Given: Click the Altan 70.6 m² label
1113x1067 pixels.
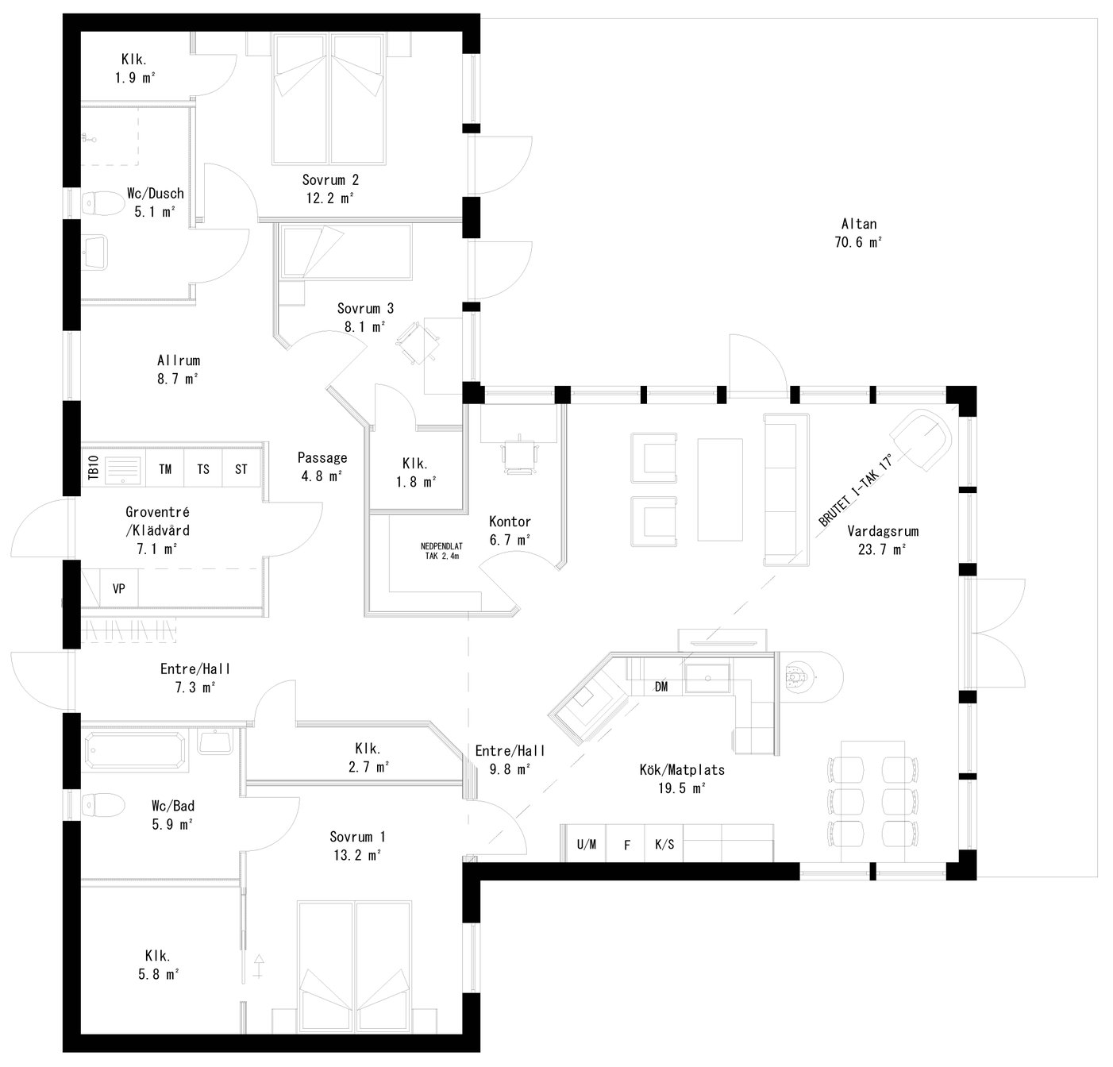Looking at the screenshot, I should [x=858, y=233].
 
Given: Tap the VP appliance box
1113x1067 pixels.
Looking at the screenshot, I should [x=118, y=589].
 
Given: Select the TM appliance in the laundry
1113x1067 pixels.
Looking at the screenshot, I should [x=165, y=469].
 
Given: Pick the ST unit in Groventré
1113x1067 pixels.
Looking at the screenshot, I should [x=241, y=469].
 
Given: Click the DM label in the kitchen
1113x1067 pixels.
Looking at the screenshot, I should [x=660, y=687].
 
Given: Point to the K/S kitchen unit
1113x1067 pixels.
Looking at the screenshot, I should [x=664, y=845].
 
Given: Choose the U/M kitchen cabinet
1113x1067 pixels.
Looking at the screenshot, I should [x=587, y=845].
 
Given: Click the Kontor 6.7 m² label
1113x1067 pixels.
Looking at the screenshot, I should [x=510, y=530].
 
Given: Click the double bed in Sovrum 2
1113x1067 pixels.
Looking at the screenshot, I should [x=329, y=98].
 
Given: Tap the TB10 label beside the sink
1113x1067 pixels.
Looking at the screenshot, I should [x=93, y=469].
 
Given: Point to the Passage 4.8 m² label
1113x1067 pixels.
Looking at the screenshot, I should [x=322, y=467].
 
